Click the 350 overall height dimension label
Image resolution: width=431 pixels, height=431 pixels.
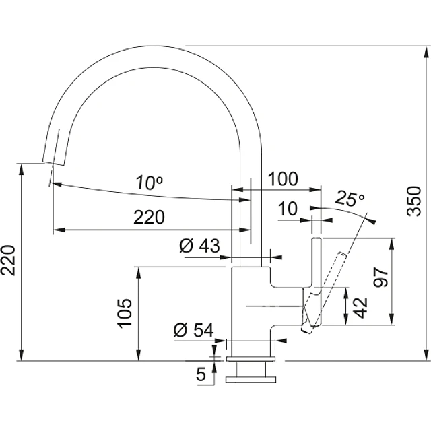pos(414,201)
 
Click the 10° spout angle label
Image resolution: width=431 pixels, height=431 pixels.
pos(150,183)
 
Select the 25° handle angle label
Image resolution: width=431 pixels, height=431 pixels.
pos(350,198)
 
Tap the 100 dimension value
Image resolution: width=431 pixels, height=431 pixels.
pos(283,178)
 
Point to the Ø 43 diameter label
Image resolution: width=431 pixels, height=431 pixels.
pos(199,245)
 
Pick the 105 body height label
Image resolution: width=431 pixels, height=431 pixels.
pos(125,313)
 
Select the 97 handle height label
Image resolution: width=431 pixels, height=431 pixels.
pos(380,277)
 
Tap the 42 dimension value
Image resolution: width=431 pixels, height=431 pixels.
pos(360,308)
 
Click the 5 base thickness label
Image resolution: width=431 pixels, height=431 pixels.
pos(201,374)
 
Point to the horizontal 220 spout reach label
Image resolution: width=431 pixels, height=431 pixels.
pos(149,217)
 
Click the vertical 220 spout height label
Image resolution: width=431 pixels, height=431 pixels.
pos(8,261)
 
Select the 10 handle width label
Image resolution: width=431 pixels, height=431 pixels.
pos(288,208)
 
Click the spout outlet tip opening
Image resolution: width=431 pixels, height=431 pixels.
pos(54,163)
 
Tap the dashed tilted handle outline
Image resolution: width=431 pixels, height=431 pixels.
pos(325,292)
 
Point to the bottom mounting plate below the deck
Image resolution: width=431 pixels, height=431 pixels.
pos(251,380)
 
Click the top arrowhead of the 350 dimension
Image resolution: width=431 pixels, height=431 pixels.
pos(427,52)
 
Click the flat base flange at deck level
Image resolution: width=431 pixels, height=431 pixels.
pos(251,359)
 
